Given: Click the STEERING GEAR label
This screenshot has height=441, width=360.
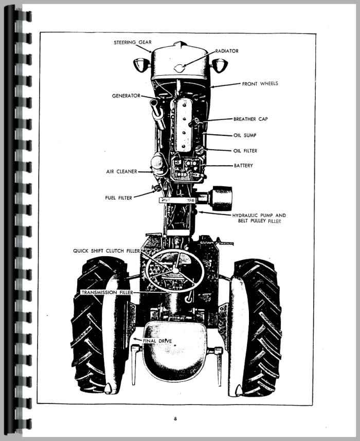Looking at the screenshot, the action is tap(133, 43).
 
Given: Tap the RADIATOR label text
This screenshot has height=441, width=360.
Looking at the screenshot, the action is tap(227, 51).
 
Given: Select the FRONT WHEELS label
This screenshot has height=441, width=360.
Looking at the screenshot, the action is tap(260, 83).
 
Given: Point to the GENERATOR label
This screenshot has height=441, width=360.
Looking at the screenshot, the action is tap(126, 96).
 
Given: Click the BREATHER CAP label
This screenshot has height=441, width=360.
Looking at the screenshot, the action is tap(250, 119).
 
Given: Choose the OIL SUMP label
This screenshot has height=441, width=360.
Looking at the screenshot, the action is tap(245, 135).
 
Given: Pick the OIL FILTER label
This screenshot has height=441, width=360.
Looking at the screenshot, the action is tap(245, 151).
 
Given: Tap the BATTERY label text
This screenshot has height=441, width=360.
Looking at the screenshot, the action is tap(243, 166).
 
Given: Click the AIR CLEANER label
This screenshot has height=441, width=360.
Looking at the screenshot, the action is tap(122, 171).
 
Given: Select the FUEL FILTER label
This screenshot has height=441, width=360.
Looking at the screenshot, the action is tap(119, 198).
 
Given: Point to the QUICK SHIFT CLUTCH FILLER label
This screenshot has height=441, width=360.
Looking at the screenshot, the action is tap(106, 251).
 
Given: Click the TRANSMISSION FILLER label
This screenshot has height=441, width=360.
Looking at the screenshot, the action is tap(107, 292).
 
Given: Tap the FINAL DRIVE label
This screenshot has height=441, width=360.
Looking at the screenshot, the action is tap(157, 341).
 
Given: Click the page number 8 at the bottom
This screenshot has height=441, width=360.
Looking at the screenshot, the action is tap(175, 419).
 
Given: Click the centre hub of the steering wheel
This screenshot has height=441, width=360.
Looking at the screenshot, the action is tap(175, 270).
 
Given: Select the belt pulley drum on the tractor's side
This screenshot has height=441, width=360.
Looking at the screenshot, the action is tap(222, 199).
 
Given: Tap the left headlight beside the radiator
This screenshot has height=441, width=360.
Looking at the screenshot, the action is tap(140, 65).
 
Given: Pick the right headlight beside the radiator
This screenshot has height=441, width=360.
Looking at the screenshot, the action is tap(219, 65).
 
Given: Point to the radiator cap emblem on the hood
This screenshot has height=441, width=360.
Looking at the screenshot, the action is tap(179, 68).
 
